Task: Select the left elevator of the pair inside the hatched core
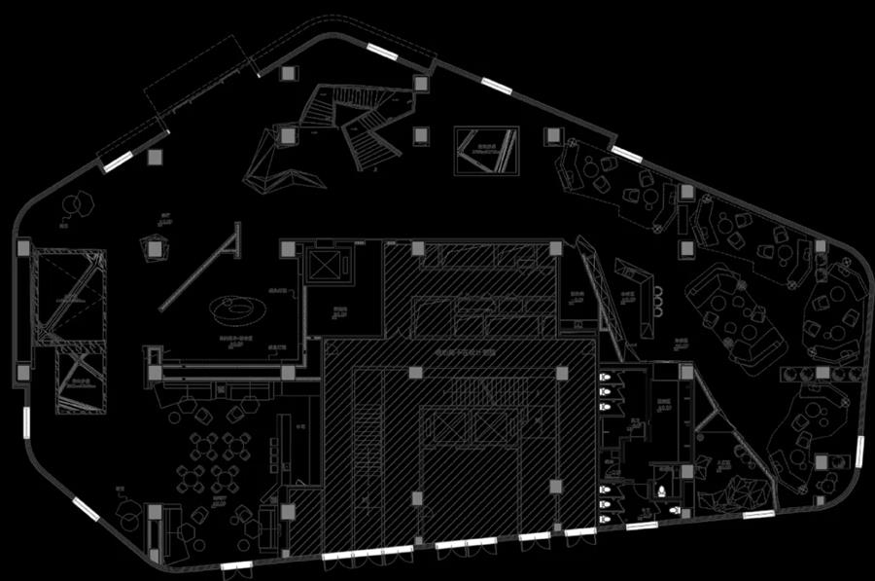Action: [447, 424]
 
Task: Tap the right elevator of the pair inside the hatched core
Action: [487, 424]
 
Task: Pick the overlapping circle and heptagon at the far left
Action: [75, 206]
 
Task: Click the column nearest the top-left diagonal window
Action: [154, 157]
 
